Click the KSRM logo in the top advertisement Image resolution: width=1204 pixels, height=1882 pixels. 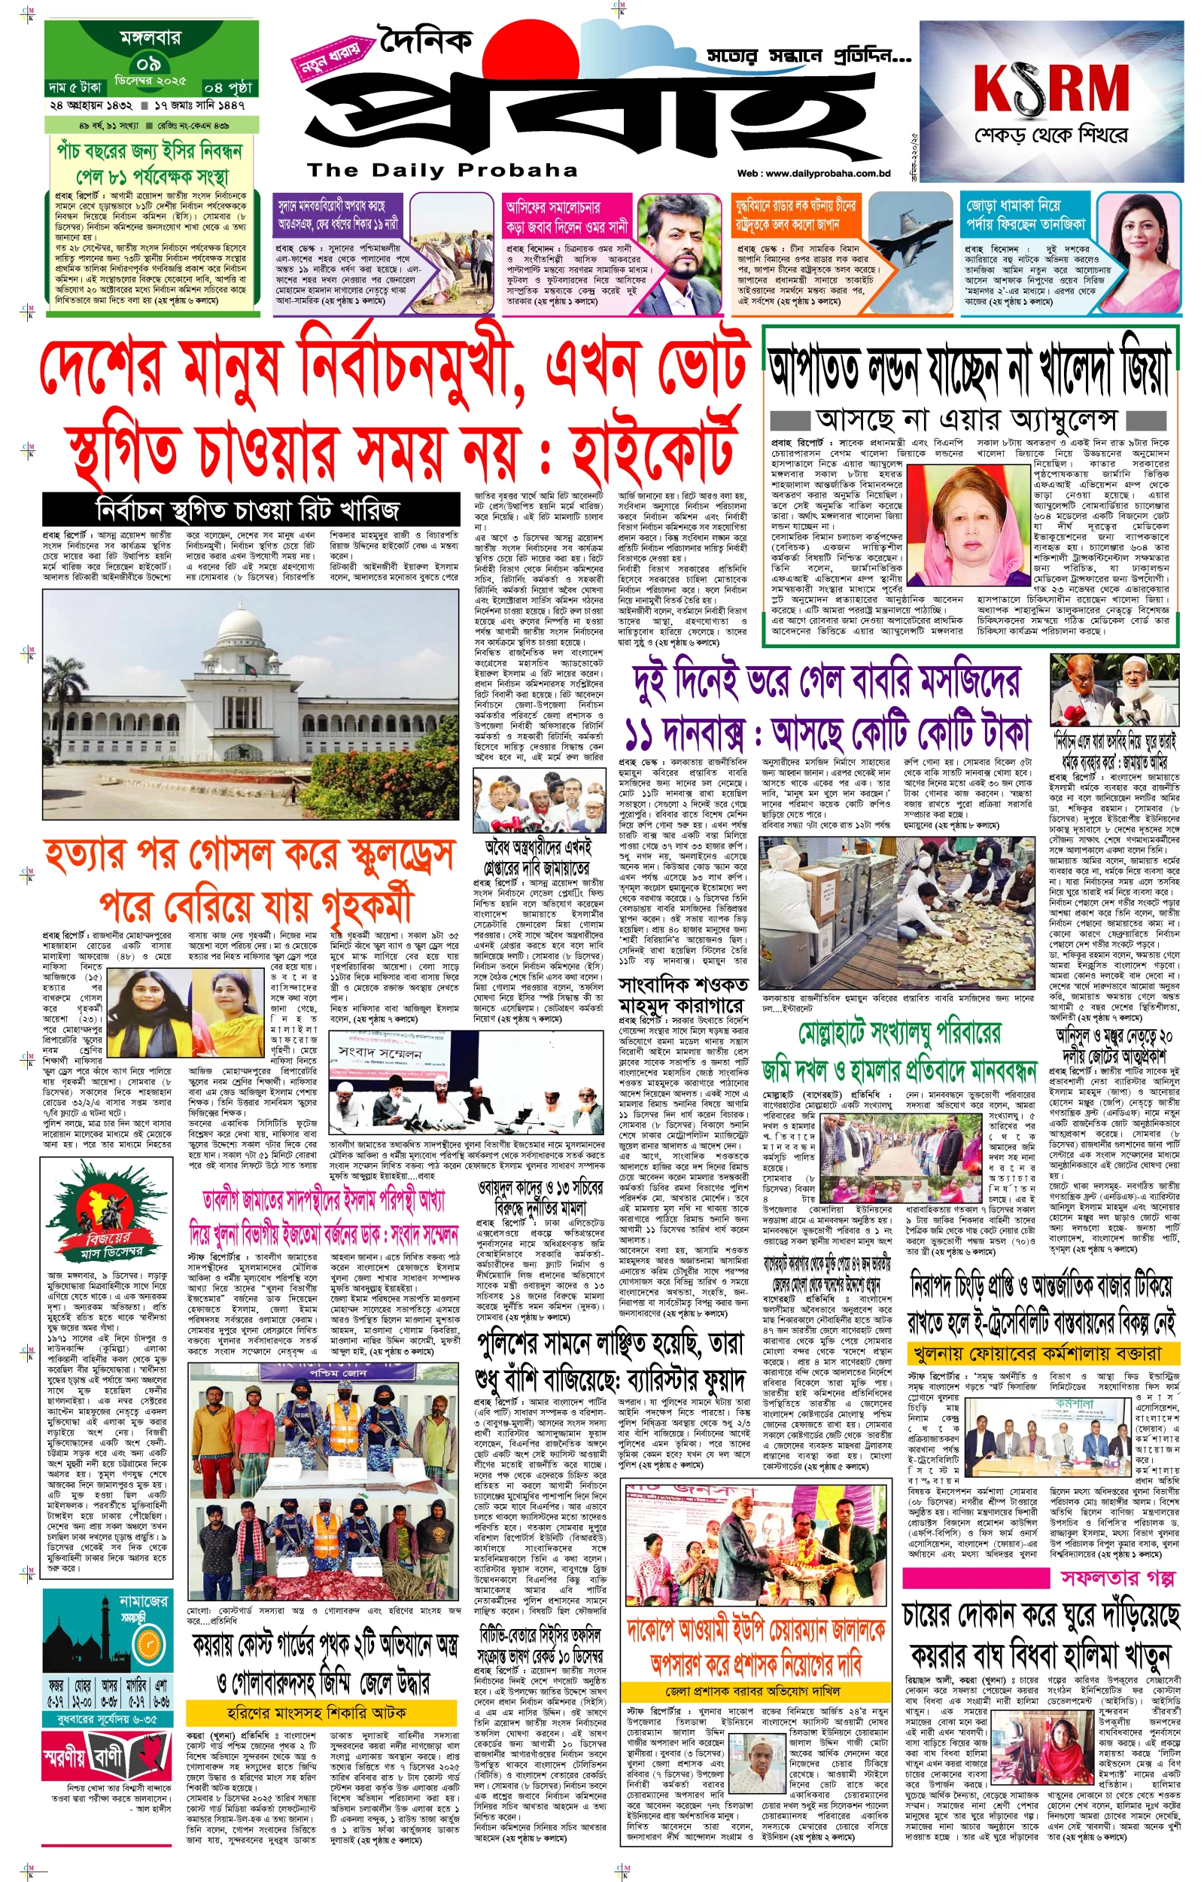click(1050, 87)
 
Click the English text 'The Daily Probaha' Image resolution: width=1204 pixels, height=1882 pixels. click(442, 170)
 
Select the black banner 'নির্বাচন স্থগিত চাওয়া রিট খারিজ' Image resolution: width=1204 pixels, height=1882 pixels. click(248, 510)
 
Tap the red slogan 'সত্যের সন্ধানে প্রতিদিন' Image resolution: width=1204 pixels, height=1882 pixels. click(807, 57)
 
